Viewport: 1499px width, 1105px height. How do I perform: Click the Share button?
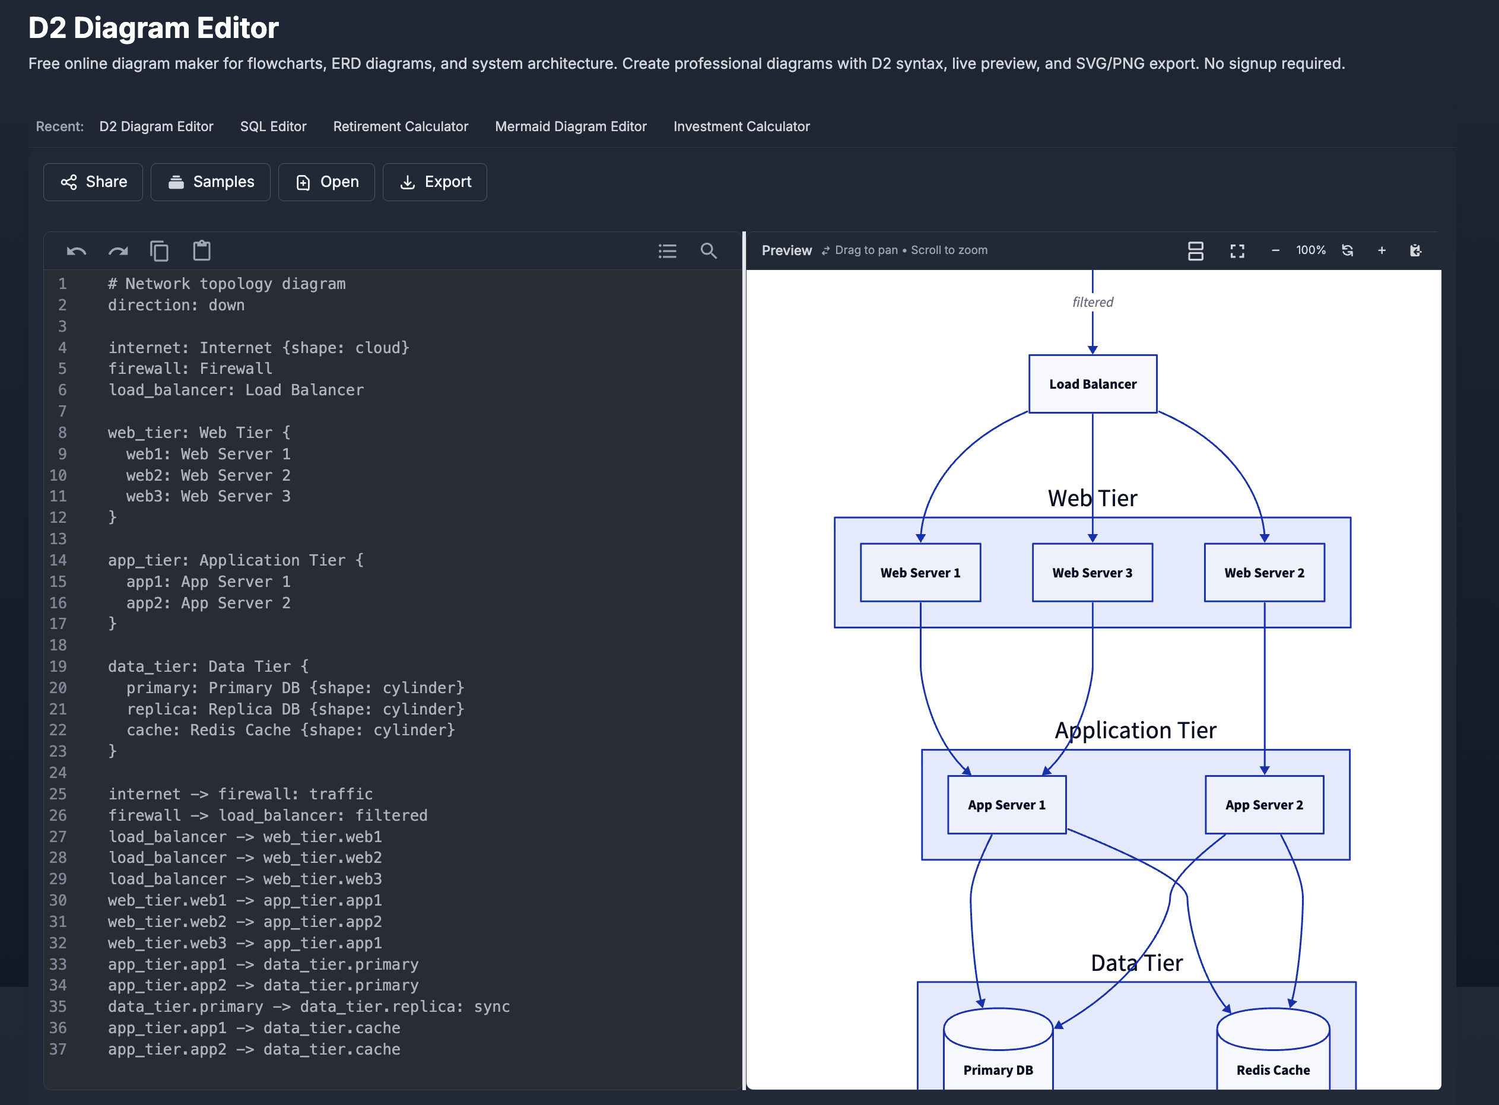tap(93, 182)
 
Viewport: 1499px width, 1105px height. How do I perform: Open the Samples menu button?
tap(211, 182)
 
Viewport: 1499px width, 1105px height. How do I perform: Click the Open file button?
tap(326, 182)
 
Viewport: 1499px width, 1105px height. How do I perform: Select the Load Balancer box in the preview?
tap(1093, 384)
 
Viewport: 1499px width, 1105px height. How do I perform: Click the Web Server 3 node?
tap(1093, 573)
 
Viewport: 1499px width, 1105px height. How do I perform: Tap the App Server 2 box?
tap(1263, 805)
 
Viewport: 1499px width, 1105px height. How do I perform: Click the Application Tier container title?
tap(1135, 731)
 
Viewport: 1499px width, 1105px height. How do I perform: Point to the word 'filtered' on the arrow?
tap(1093, 302)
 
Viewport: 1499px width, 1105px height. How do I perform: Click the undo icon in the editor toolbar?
tap(76, 252)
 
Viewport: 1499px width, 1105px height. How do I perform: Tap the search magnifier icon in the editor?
tap(709, 251)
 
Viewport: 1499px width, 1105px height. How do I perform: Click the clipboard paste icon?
tap(201, 251)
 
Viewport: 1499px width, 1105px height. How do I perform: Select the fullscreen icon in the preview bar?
tap(1237, 251)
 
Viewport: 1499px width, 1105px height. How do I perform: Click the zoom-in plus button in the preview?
tap(1382, 251)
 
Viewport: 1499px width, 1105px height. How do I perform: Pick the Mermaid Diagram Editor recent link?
tap(570, 126)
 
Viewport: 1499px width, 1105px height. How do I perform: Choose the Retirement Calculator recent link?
tap(401, 126)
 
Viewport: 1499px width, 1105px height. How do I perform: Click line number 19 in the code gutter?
tap(58, 666)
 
